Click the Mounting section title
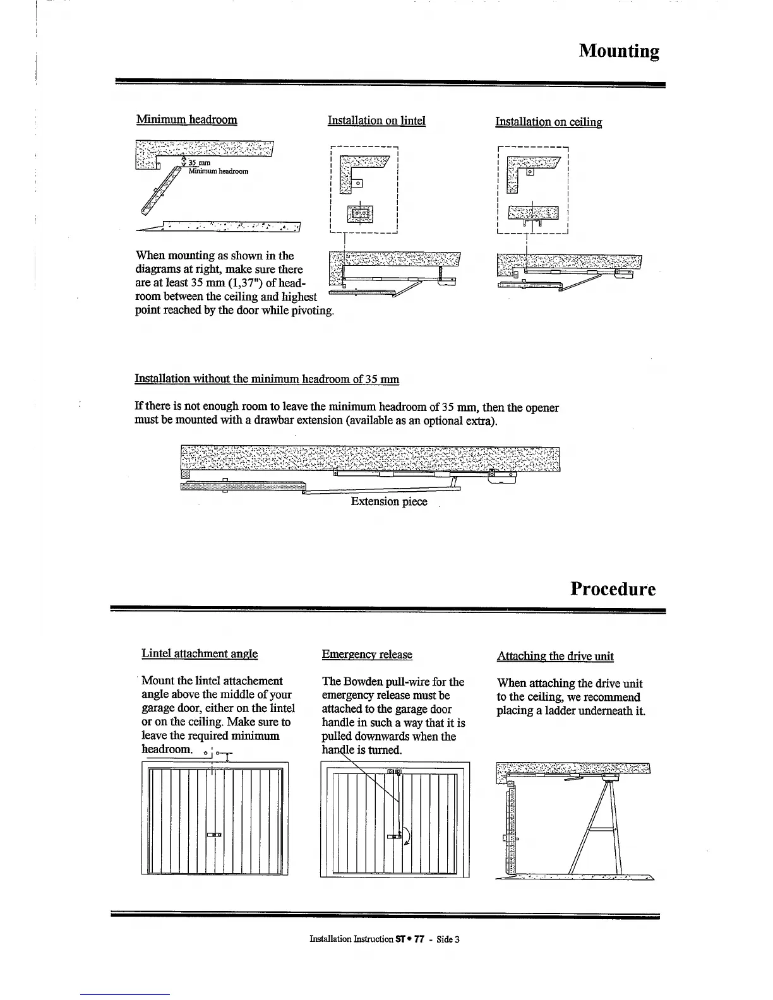[x=619, y=51]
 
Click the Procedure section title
[x=613, y=588]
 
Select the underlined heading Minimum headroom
[x=186, y=119]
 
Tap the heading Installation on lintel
[x=376, y=120]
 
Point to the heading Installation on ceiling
[x=548, y=122]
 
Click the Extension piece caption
[x=389, y=501]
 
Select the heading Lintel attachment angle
[x=200, y=653]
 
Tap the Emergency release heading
[x=367, y=655]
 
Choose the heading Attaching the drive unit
[x=555, y=656]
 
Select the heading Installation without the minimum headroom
[x=267, y=379]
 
